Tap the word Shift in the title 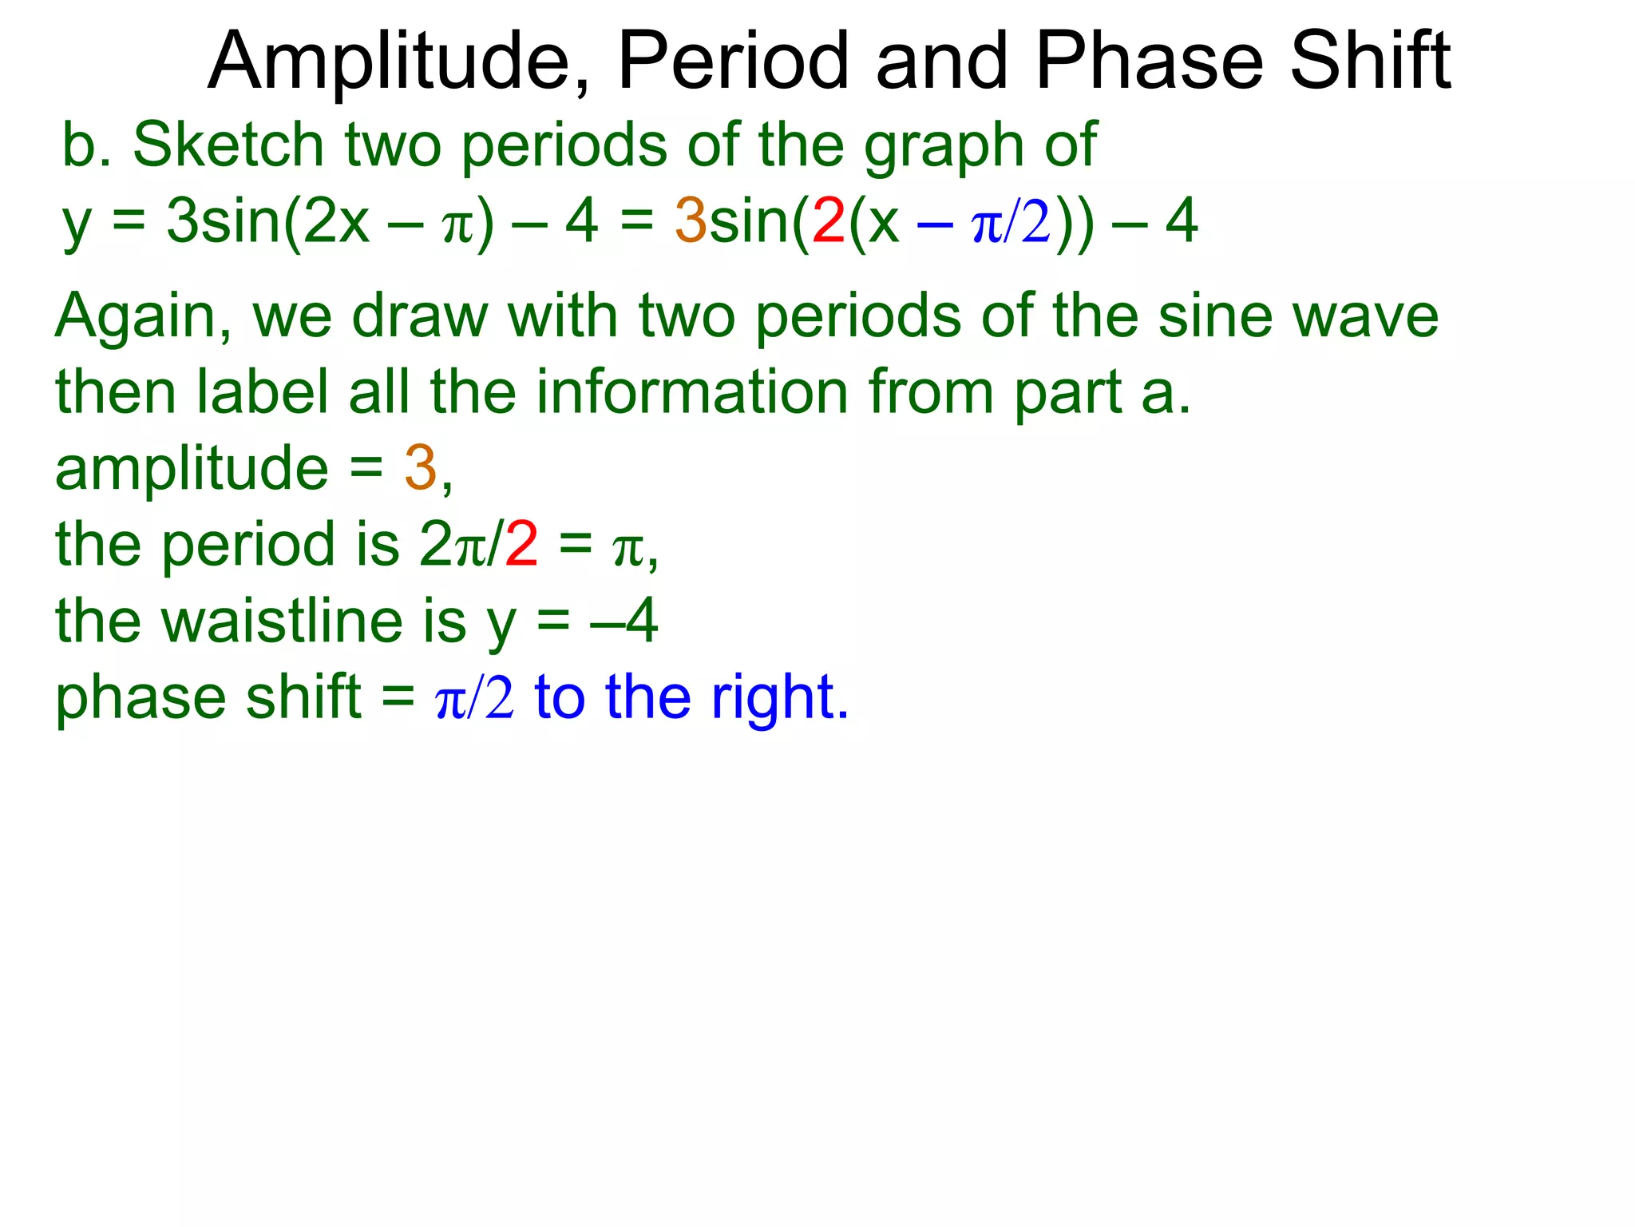[1370, 62]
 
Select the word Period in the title [733, 62]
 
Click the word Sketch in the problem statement [228, 145]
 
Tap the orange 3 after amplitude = [420, 468]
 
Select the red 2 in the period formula [521, 545]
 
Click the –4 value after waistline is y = [624, 621]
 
